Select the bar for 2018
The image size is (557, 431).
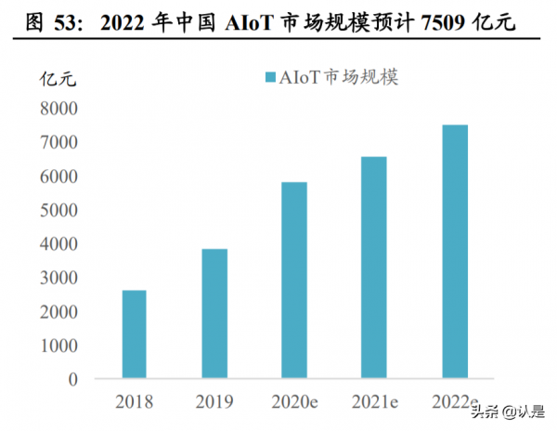click(134, 334)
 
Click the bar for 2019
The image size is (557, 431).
click(214, 314)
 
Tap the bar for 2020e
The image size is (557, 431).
click(293, 281)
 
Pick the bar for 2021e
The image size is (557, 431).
click(373, 268)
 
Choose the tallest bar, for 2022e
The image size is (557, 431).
click(454, 252)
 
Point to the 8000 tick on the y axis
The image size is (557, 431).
click(58, 109)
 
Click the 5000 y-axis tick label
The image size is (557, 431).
click(58, 210)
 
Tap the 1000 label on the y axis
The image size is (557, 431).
click(58, 346)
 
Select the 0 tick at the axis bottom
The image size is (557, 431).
click(71, 379)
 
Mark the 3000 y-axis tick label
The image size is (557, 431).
click(58, 278)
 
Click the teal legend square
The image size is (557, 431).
click(271, 78)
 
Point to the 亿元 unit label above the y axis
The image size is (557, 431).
click(58, 78)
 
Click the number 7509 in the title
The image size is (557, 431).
click(440, 20)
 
